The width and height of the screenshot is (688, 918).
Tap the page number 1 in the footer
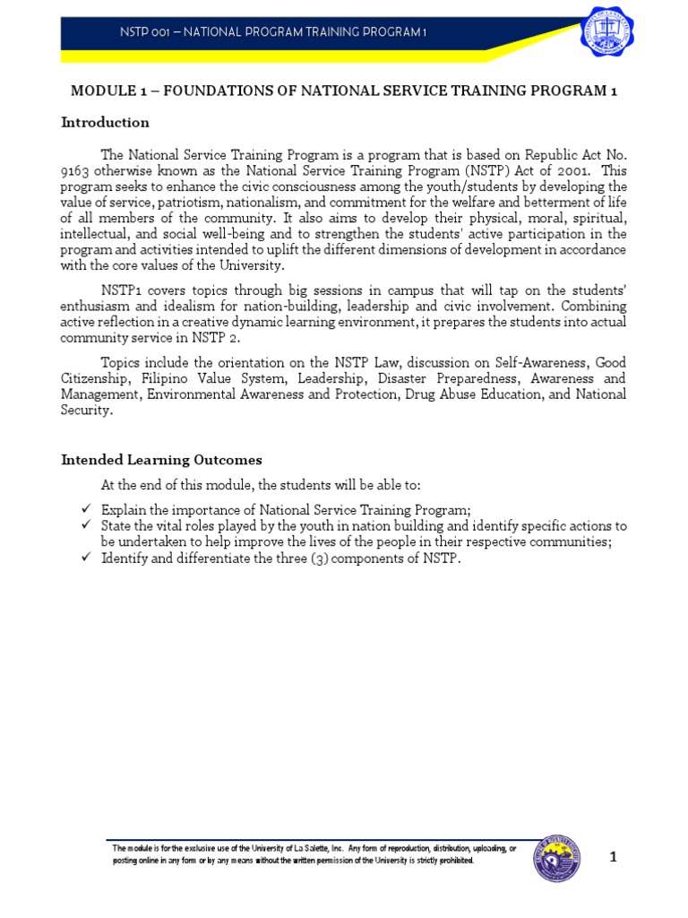(614, 857)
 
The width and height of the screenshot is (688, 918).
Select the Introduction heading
(105, 122)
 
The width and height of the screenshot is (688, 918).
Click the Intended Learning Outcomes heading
(161, 460)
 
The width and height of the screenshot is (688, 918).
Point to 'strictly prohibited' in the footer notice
(435, 861)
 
